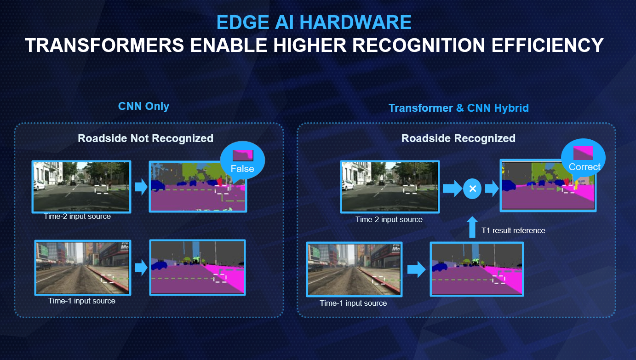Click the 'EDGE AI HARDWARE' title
314,22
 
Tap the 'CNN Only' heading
143,106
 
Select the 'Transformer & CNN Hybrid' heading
458,108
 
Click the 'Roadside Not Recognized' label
145,138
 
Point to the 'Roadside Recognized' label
458,138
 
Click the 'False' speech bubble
242,161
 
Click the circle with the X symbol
472,189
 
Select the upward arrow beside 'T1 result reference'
472,227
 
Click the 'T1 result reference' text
513,230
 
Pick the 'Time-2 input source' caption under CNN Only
77,217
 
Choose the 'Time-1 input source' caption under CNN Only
82,301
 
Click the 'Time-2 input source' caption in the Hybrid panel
389,219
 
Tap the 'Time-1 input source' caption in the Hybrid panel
353,303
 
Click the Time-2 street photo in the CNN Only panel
81,187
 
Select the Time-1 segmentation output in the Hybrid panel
477,269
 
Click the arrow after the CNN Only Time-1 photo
141,268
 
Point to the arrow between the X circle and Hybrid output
492,189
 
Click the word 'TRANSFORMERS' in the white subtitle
104,46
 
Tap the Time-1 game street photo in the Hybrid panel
355,269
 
